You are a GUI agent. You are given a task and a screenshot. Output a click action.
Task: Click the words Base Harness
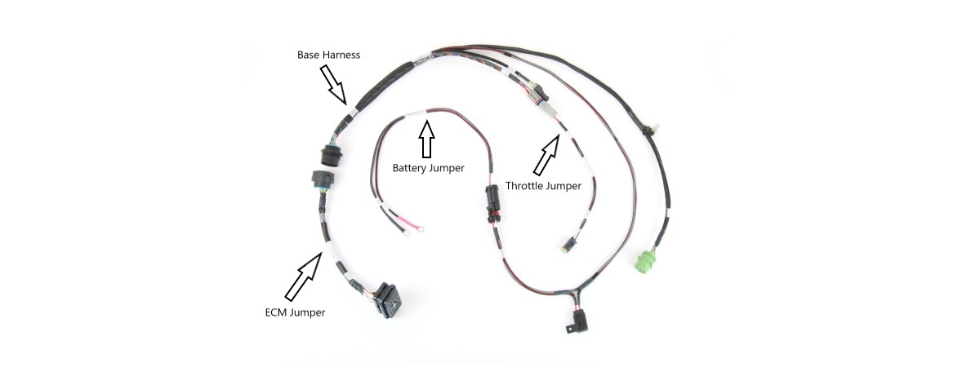(x=327, y=55)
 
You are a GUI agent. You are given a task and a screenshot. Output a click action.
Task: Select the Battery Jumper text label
(x=428, y=168)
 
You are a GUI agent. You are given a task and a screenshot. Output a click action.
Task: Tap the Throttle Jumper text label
(x=544, y=186)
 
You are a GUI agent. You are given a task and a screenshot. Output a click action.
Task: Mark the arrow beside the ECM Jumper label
(x=304, y=274)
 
